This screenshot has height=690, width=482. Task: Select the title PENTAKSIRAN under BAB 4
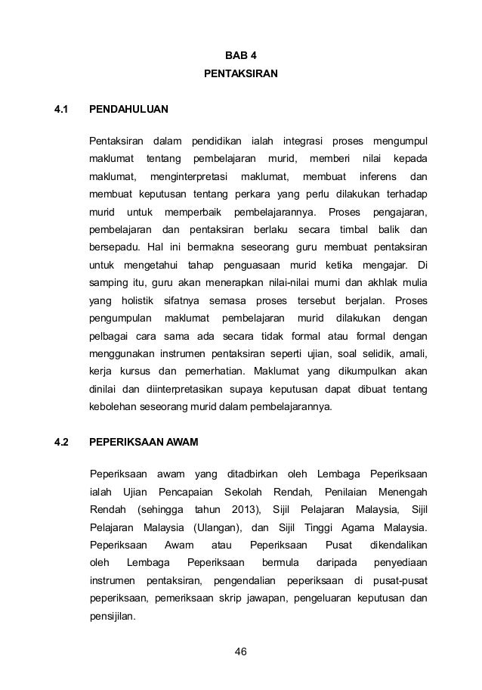click(x=241, y=76)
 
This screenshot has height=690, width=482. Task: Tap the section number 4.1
click(x=61, y=110)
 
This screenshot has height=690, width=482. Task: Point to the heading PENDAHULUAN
click(x=128, y=110)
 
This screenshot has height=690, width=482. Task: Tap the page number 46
click(x=241, y=652)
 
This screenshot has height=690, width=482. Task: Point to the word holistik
click(x=132, y=301)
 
